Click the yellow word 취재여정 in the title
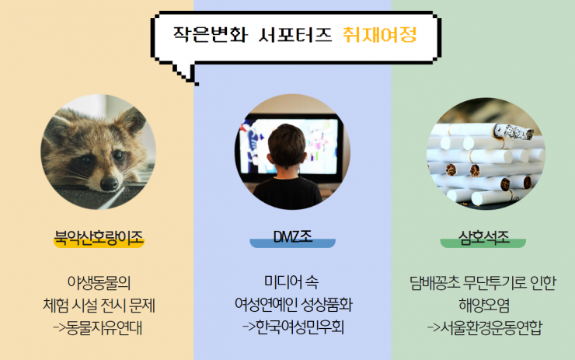pos(379,34)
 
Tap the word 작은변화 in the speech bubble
pos(211,34)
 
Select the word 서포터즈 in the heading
pos(295,34)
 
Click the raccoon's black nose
pos(110,183)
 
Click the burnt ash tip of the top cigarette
pos(514,132)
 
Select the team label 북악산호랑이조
pos(99,237)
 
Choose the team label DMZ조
pos(293,236)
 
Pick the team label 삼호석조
pos(483,237)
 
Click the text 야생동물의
pos(99,282)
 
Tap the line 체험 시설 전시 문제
pos(99,306)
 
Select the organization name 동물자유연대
pos(105,327)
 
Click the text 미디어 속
pos(291,281)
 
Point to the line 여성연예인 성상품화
pos(294,305)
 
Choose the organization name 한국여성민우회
pos(300,327)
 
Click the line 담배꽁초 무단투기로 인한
pos(483,283)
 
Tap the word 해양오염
pos(484,306)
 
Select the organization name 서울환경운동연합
pos(490,327)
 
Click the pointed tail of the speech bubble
pos(196,84)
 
